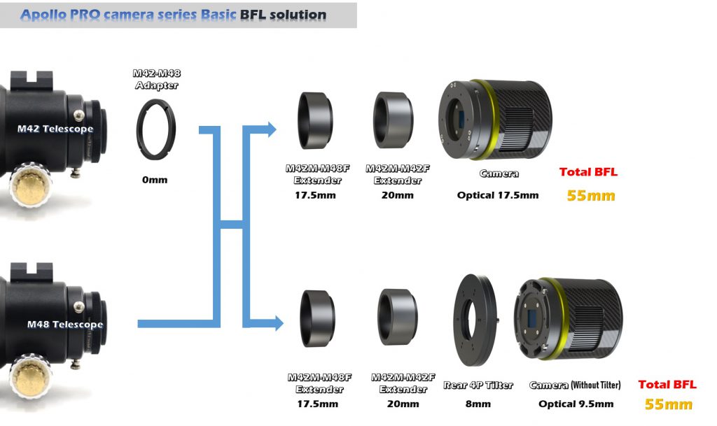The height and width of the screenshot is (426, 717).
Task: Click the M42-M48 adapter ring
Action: click(x=156, y=129)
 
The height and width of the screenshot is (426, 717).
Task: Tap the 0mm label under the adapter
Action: click(x=155, y=180)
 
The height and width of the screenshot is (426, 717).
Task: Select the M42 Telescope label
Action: click(x=55, y=129)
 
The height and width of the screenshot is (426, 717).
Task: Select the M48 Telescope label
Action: click(x=64, y=325)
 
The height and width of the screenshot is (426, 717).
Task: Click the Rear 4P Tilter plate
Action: click(x=475, y=317)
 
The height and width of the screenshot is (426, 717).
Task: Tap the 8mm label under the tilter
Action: click(x=478, y=404)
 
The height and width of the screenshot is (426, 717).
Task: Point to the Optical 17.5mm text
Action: click(x=498, y=195)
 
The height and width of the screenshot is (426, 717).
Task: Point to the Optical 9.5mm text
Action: click(x=576, y=404)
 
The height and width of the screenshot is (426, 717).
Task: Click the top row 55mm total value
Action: click(x=591, y=196)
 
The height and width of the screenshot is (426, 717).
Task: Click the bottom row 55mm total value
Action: click(x=669, y=404)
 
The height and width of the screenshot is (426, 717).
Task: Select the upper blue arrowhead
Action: click(x=270, y=128)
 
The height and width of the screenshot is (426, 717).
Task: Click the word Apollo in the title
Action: click(x=45, y=14)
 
